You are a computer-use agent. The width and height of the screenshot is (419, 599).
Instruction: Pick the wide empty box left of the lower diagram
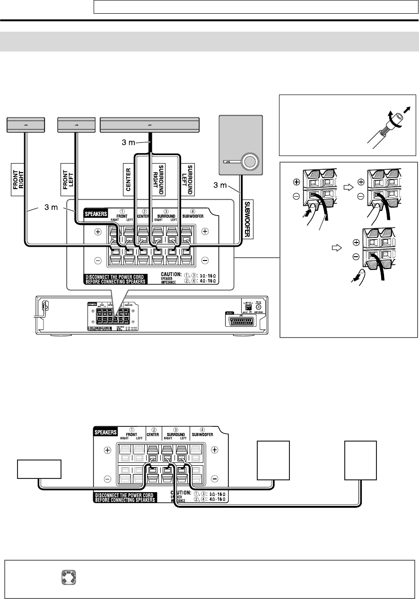click(39, 468)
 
